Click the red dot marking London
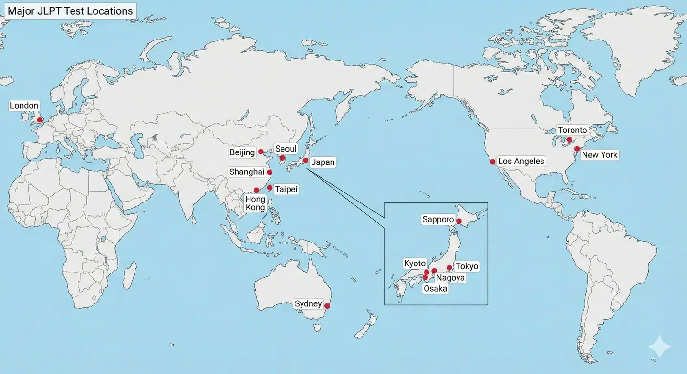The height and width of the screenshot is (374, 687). click(x=40, y=120)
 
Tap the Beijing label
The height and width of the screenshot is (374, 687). click(x=242, y=152)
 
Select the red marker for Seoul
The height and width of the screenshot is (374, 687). click(x=282, y=158)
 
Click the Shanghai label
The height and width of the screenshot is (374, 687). click(x=247, y=172)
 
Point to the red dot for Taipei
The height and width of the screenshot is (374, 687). click(x=270, y=188)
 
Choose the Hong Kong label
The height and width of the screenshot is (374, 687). click(x=255, y=203)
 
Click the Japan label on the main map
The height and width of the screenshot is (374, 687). click(x=323, y=162)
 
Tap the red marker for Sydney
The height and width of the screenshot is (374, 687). click(x=327, y=306)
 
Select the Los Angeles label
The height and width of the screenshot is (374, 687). click(x=521, y=161)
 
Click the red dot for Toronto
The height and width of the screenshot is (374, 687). click(x=570, y=140)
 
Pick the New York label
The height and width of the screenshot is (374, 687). click(x=600, y=154)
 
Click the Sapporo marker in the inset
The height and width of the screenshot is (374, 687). click(x=459, y=221)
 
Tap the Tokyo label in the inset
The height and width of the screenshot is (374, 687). click(x=467, y=266)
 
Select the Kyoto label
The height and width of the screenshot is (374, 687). click(x=415, y=263)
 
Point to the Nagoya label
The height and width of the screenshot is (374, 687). click(x=450, y=278)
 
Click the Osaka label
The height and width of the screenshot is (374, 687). click(x=436, y=288)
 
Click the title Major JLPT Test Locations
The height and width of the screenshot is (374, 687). click(x=70, y=11)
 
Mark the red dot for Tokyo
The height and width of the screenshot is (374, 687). click(x=449, y=268)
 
